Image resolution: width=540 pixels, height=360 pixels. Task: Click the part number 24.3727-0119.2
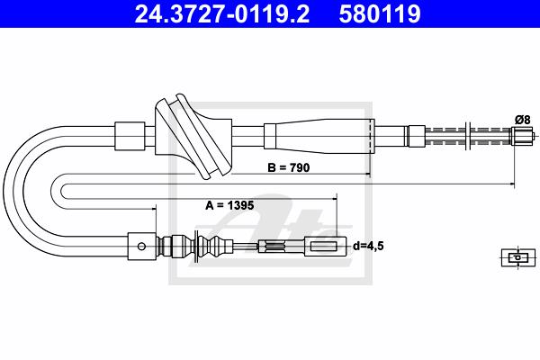point(222,13)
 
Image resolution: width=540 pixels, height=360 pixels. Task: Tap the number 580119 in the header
point(380,13)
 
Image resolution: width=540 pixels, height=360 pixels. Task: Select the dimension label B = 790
point(289,167)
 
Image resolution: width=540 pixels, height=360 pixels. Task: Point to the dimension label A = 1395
point(229,205)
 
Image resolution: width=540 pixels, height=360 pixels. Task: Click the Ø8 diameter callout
point(522,120)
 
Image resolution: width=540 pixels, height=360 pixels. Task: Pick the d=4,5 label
point(368,246)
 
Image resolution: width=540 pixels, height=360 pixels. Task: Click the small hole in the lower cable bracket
point(141,247)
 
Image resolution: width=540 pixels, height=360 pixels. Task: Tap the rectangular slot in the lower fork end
point(324,246)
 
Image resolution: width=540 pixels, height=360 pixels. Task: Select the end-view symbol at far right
point(518,257)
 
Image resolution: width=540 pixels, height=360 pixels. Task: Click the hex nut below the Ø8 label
point(522,135)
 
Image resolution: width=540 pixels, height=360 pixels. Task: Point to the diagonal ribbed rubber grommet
point(193,137)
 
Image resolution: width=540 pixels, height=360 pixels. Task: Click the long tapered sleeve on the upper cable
point(319,137)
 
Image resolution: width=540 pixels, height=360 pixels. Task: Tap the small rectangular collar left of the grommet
point(130,136)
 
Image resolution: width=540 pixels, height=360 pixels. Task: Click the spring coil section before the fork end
point(274,246)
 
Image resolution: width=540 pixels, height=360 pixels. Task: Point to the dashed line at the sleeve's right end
point(371,137)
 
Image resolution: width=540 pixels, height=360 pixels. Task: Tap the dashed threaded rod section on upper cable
point(468,136)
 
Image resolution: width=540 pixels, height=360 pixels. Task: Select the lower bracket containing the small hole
point(142,247)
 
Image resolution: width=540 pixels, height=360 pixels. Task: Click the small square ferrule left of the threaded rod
point(417,136)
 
